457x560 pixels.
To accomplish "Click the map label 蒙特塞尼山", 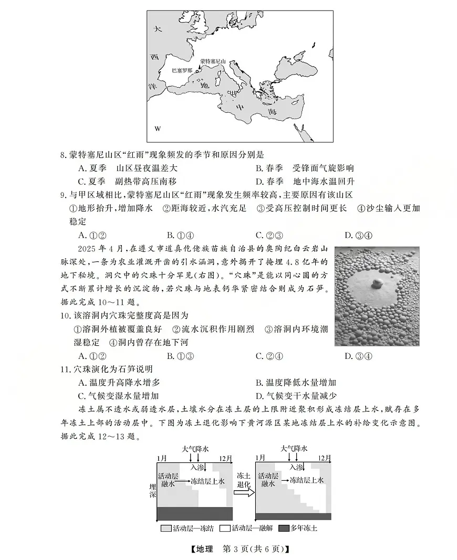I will pos(213,61).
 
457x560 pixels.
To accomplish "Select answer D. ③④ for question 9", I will pos(358,235).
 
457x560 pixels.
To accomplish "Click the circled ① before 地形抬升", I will pos(74,208).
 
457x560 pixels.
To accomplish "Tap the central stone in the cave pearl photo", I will pos(377,284).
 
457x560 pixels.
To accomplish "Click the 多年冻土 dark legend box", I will pos(284,528).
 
